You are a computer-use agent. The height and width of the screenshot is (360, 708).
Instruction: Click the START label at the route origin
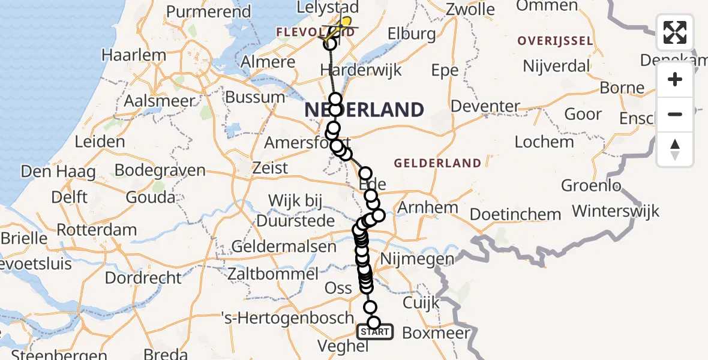tap(375, 331)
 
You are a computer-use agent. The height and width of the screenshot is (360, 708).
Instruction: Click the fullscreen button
tap(675, 32)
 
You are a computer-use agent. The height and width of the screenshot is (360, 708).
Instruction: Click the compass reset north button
tap(675, 149)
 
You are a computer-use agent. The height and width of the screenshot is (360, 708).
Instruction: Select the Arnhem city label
tap(428, 208)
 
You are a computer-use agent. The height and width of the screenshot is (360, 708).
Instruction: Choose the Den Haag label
tap(58, 172)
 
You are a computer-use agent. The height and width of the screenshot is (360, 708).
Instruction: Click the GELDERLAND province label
tap(437, 163)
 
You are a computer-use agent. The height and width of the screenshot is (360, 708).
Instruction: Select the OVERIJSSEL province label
tap(556, 41)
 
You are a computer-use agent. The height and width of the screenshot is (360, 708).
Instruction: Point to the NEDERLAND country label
tap(364, 110)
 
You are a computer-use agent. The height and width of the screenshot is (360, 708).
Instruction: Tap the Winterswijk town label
tap(616, 211)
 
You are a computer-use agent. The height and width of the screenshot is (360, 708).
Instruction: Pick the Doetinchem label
tap(515, 214)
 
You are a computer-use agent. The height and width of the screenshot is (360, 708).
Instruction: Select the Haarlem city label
tap(134, 55)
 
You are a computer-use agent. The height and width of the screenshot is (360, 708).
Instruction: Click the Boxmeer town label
tap(437, 332)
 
